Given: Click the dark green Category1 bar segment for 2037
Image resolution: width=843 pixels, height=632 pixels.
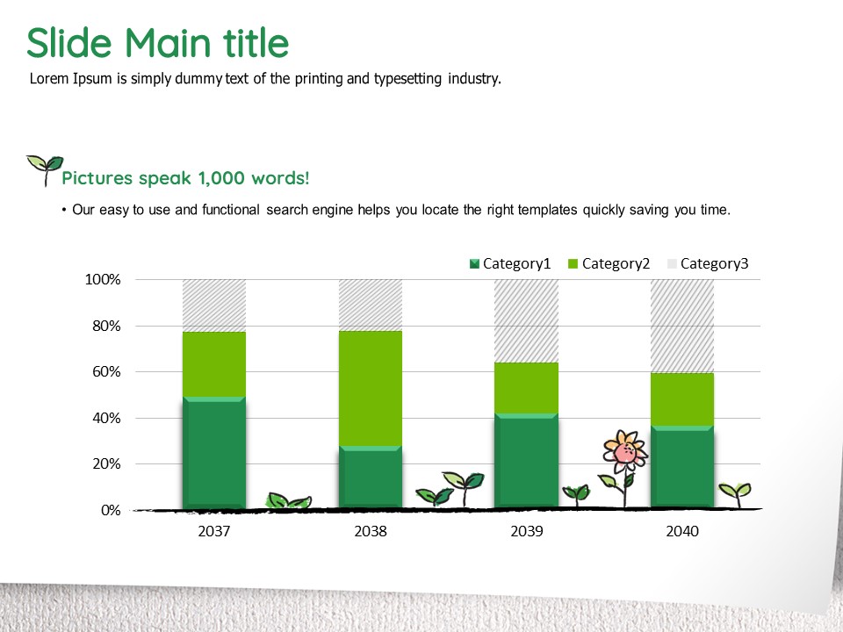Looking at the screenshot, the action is point(214,453).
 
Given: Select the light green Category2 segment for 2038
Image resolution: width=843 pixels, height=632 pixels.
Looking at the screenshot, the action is point(371,388).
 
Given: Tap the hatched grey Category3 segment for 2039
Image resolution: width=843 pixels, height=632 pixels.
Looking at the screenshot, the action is point(526,321).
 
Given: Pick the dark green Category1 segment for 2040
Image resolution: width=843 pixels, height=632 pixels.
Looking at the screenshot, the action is point(682,466).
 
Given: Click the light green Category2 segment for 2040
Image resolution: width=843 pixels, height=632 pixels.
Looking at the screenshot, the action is point(682,399).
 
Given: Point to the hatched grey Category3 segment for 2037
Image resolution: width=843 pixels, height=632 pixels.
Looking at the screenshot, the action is point(214,305).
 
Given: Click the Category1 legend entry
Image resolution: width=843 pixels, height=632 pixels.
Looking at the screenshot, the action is point(510,263).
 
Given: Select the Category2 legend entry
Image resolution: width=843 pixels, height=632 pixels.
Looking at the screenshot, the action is point(609,263).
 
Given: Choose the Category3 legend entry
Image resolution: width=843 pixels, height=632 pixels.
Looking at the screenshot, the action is point(708,263).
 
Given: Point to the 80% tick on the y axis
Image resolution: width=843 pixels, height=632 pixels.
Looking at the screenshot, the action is point(106,326).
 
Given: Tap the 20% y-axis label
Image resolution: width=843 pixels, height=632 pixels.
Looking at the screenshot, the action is point(106,463).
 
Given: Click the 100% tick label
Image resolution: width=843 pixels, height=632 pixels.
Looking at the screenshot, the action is point(103,279).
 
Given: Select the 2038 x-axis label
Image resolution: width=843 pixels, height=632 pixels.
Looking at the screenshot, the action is point(371,531).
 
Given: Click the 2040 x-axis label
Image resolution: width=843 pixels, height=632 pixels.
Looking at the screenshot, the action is point(682,531).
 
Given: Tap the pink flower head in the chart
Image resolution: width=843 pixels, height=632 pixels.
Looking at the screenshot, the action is point(624,451).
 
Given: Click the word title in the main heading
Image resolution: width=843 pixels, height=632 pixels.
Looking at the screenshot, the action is point(256,42).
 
